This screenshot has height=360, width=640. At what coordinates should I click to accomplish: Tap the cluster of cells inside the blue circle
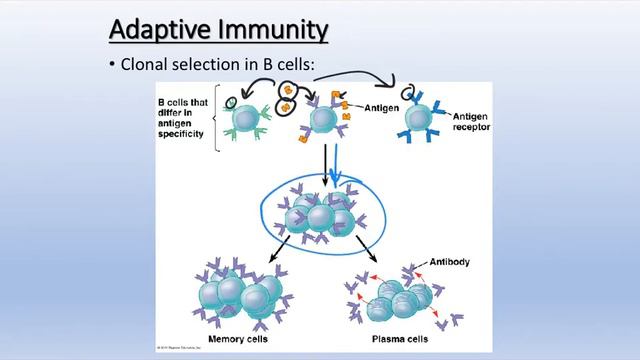coord(319,214)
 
